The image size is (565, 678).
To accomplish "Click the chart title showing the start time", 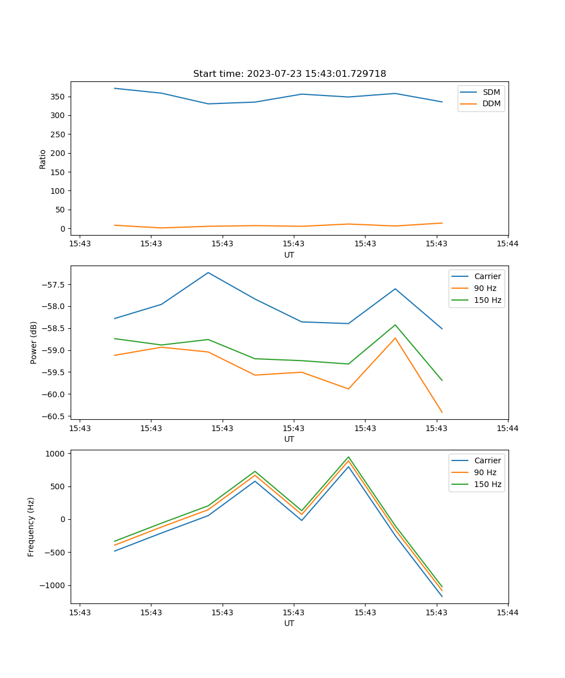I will (289, 74).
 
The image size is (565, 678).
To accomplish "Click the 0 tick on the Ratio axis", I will (63, 229).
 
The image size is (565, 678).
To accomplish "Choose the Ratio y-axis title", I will (43, 159).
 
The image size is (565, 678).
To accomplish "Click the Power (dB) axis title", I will (34, 342).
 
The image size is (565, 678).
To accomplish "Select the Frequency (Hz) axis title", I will (31, 527).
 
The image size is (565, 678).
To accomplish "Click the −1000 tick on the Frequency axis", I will (54, 586).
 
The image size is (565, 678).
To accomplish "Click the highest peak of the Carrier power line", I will (208, 272).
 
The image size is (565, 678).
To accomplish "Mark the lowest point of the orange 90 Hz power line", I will (442, 412).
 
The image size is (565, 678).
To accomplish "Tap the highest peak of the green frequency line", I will (349, 457).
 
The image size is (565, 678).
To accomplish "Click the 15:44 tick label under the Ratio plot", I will (507, 244).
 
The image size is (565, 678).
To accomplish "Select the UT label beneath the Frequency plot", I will (289, 623).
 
